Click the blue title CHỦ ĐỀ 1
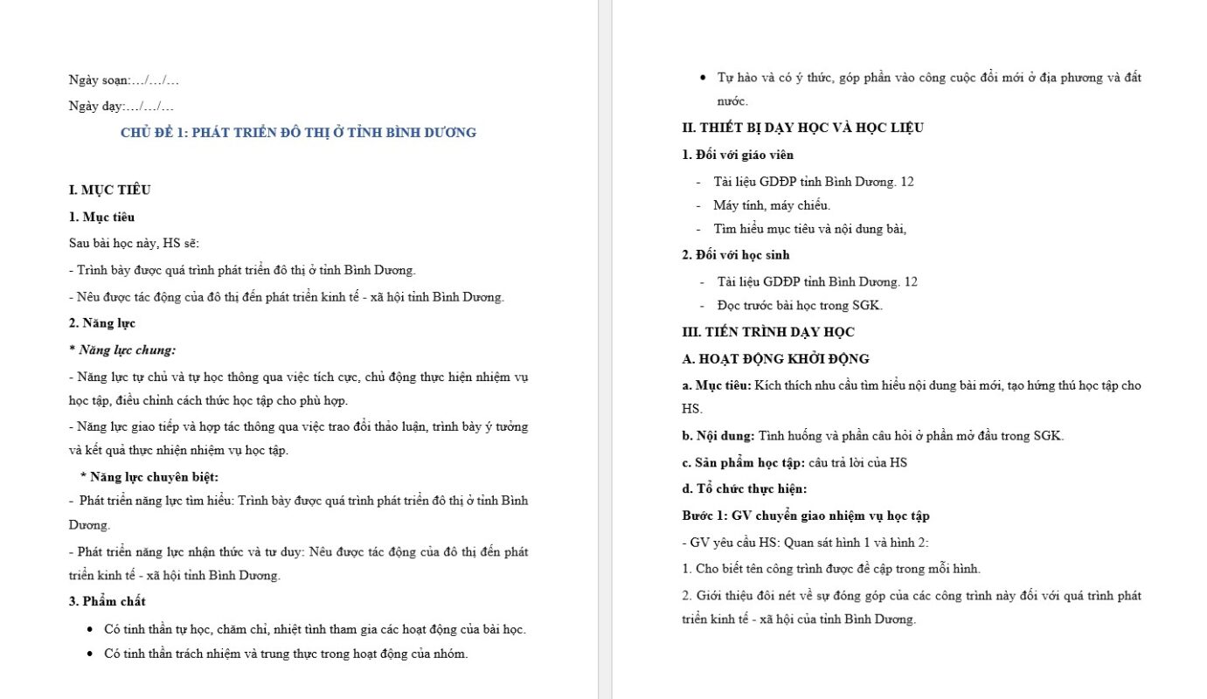298,133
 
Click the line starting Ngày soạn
124,80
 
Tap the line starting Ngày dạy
121,107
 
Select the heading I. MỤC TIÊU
110,190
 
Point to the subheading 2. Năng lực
102,323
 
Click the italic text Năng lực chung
127,350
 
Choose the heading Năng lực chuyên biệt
149,476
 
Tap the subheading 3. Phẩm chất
108,601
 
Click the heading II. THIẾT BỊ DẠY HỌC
802,128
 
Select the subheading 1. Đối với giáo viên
738,155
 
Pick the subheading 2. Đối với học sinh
736,255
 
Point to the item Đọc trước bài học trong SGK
800,306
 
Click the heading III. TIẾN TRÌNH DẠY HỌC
768,332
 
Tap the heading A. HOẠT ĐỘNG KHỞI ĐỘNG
775,359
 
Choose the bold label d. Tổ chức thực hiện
745,489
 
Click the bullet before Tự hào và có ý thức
704,78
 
